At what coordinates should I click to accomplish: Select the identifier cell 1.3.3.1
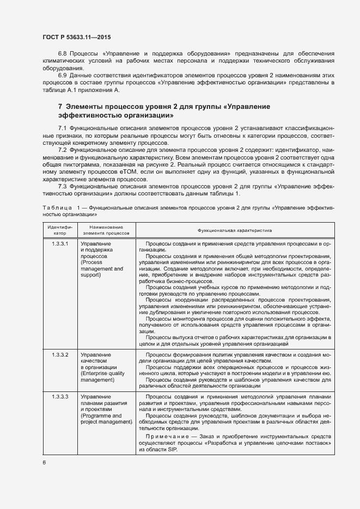click(x=60, y=243)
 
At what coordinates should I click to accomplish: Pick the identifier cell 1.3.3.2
click(x=60, y=354)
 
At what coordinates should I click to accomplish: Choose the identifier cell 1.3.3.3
click(x=60, y=397)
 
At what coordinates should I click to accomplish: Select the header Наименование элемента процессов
click(x=106, y=230)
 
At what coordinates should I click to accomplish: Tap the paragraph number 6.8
click(x=62, y=54)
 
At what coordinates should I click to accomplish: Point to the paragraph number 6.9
click(x=62, y=75)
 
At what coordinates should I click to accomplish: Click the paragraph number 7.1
click(x=62, y=127)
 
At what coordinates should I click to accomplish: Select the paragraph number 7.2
click(x=62, y=149)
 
